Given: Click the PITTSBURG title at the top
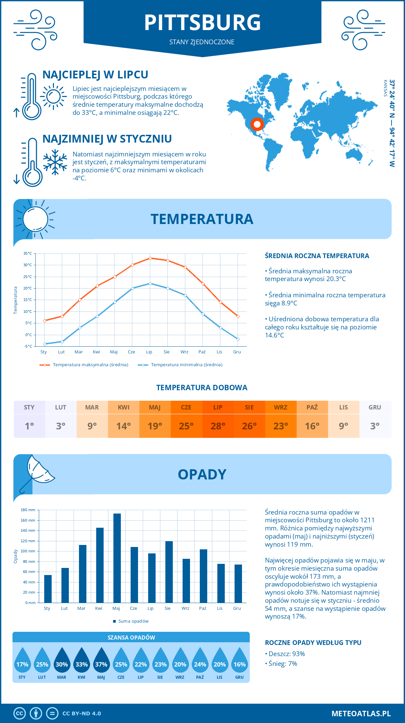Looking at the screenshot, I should [x=202, y=23].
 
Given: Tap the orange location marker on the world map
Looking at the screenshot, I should [x=257, y=124].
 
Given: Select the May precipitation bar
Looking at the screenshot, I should [x=117, y=558].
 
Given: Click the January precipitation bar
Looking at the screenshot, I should [x=48, y=589].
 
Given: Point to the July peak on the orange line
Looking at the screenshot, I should [x=150, y=258].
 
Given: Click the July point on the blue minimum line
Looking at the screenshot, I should [x=150, y=283].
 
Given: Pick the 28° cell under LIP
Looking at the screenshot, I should [x=218, y=426].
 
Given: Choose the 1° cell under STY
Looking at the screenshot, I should [x=29, y=426].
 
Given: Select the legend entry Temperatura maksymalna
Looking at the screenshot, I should [x=90, y=365].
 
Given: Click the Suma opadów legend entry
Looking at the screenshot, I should [x=133, y=621].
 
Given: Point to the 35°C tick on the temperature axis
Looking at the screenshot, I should [x=28, y=253].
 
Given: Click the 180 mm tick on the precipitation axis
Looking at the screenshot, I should [x=28, y=510].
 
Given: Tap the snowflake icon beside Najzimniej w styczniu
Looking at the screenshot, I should [x=55, y=162].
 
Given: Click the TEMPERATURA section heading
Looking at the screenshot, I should [x=202, y=219].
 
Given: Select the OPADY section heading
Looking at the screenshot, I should [x=202, y=474].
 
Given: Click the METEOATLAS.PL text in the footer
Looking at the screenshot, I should [x=361, y=713].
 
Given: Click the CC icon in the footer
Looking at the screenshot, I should [x=20, y=713].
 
